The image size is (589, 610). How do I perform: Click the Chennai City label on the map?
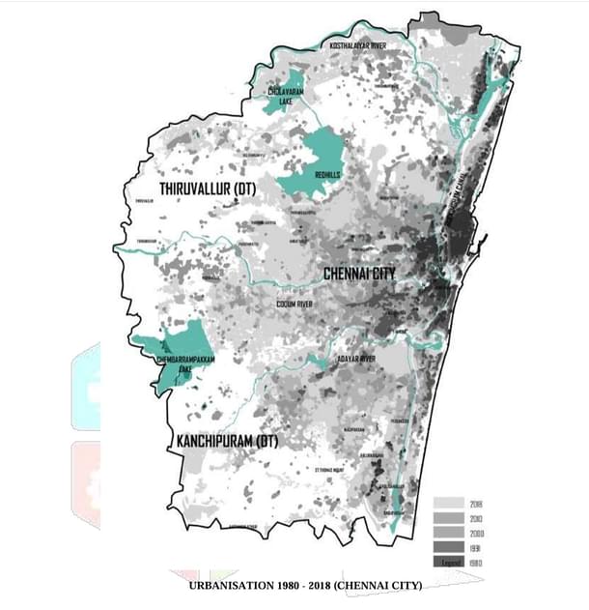(x=359, y=274)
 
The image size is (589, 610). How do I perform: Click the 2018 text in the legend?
(x=475, y=504)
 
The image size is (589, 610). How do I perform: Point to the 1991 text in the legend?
(x=475, y=547)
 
